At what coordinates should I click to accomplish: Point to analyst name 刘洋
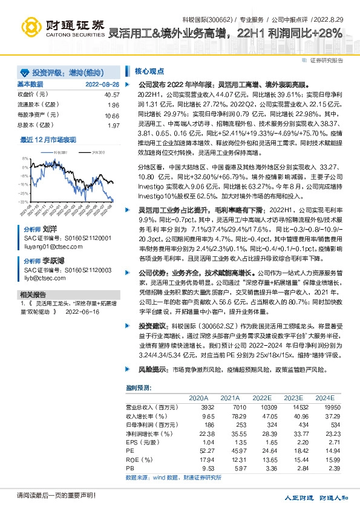(49, 230)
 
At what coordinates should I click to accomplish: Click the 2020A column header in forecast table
(198, 398)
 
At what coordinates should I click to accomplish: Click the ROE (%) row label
(139, 460)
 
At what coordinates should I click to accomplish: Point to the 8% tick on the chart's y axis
(24, 158)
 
